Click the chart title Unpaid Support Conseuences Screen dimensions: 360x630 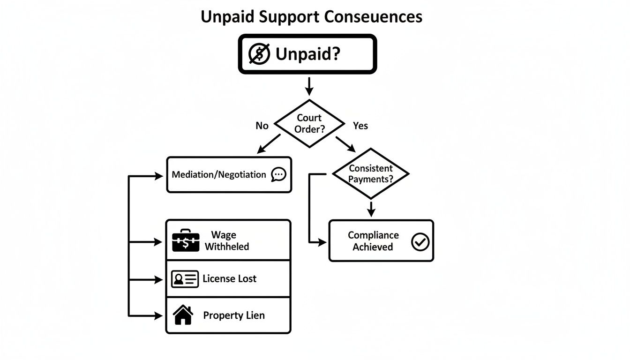tap(311, 16)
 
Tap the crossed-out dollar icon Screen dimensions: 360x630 tap(259, 54)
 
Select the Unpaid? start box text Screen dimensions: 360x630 tap(308, 54)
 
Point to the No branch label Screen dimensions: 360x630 tap(262, 126)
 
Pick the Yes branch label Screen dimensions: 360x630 tap(360, 126)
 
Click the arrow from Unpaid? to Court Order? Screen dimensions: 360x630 tap(308, 87)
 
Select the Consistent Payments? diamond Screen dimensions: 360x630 tap(370, 174)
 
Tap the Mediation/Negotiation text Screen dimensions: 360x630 tap(219, 174)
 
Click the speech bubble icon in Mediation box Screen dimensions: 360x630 tap(279, 174)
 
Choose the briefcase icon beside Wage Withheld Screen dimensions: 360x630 tap(186, 241)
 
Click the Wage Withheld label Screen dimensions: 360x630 tap(226, 240)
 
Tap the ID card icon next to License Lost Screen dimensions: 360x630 tap(184, 279)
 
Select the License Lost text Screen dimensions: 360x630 tap(229, 279)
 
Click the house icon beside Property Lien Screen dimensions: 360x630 tap(183, 315)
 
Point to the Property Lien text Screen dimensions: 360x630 tap(233, 315)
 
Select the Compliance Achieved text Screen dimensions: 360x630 tap(373, 241)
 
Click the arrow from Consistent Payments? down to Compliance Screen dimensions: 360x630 tap(371, 209)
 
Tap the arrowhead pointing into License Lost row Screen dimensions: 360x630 tap(158, 279)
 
